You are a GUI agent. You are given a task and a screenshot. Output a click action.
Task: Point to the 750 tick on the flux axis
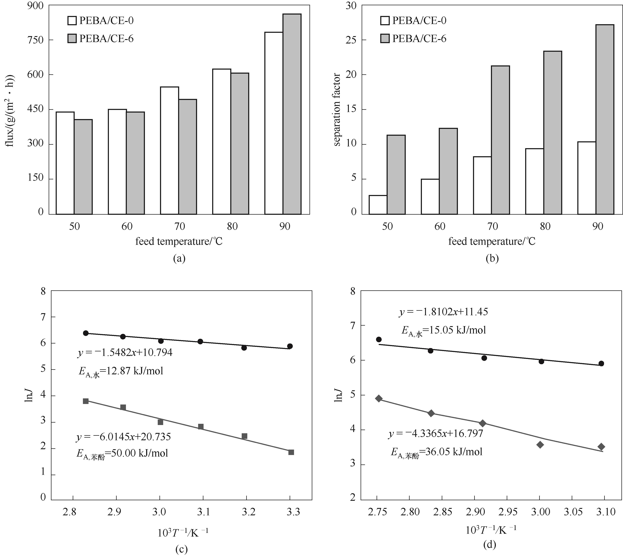click(x=35, y=40)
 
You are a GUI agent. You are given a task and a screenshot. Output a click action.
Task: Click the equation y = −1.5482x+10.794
click(x=125, y=353)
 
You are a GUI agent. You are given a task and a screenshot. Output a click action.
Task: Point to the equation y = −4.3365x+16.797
click(x=436, y=433)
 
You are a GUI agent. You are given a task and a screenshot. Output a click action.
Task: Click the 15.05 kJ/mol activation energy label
click(x=444, y=330)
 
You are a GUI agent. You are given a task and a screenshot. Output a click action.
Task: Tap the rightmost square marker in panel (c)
click(x=291, y=452)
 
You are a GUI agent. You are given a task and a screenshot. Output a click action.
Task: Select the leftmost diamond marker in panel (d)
click(x=379, y=398)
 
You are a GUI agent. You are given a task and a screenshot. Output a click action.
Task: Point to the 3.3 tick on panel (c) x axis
click(x=293, y=512)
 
